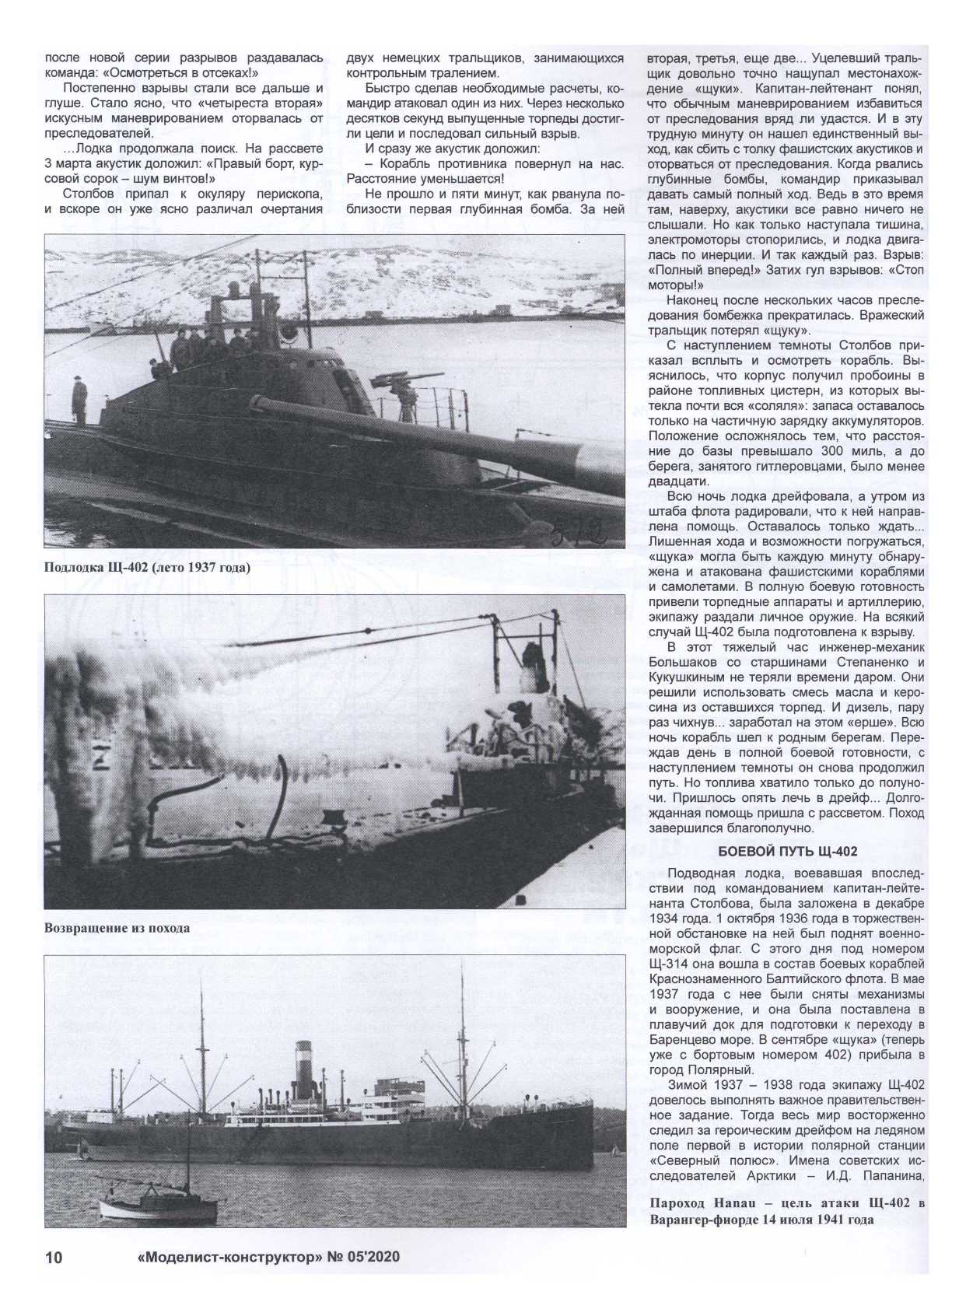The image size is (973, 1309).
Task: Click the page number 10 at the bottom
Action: click(54, 1258)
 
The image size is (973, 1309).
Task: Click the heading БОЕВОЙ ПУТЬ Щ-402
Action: click(787, 852)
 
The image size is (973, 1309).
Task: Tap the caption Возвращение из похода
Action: click(117, 928)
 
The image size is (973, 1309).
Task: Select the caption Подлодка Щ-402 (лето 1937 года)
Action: click(147, 567)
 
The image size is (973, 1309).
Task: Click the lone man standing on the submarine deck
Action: click(79, 400)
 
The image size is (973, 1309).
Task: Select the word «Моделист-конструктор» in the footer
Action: click(226, 1257)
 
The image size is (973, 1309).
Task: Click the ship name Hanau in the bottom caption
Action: click(730, 1204)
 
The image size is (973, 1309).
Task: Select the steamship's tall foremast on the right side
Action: click(463, 1034)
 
